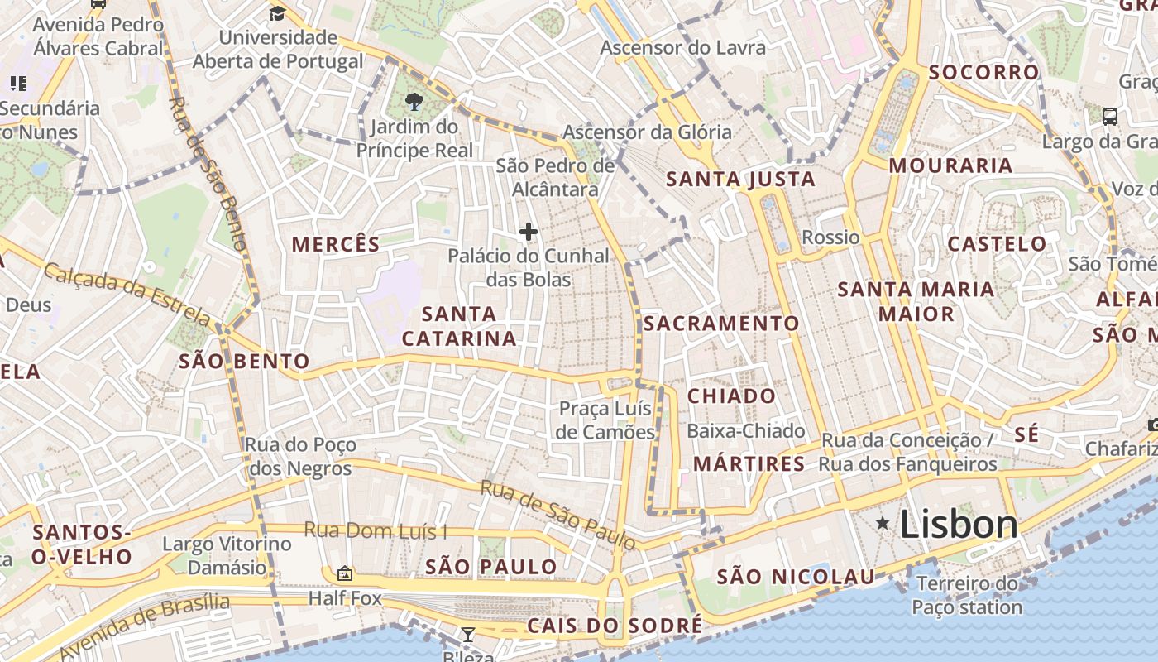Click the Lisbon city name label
tap(959, 525)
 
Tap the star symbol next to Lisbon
tap(883, 523)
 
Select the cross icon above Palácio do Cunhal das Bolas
tap(528, 232)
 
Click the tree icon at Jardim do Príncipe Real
tap(414, 103)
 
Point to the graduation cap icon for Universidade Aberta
tap(277, 12)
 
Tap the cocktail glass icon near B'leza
tap(467, 635)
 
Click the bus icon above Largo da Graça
tap(1110, 117)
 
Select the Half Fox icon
tap(344, 573)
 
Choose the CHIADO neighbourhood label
tap(731, 396)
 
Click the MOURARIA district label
tap(950, 165)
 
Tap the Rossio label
tap(830, 237)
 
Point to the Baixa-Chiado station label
tap(745, 431)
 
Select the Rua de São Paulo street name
tap(557, 514)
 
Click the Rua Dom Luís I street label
tap(376, 530)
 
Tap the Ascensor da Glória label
tap(647, 132)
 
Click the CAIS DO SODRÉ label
tap(614, 626)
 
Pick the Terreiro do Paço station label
tap(967, 596)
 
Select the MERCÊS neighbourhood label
tap(336, 244)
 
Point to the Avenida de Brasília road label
tap(144, 625)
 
